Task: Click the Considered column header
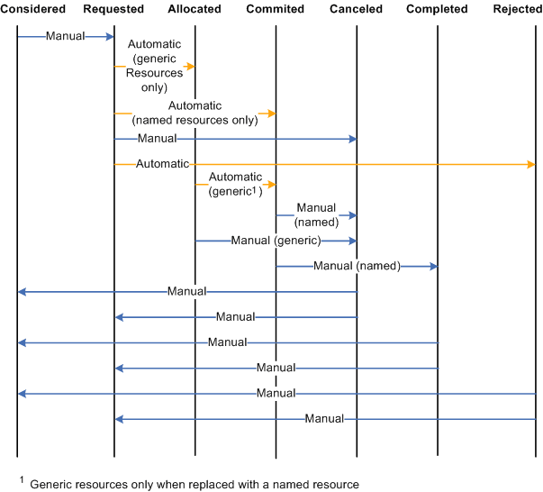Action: pos(33,9)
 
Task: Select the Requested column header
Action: pos(113,9)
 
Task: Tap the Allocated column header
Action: pos(195,9)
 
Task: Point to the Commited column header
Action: pos(275,9)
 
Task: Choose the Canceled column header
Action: pos(356,9)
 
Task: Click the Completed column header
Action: pos(437,9)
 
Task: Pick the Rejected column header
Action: pos(517,9)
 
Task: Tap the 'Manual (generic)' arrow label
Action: pos(276,241)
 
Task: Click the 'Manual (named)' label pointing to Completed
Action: pos(357,266)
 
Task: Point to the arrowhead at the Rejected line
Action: pos(531,164)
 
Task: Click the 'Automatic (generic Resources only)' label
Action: pos(155,66)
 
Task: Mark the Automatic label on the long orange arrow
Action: pos(162,164)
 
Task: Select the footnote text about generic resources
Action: pos(195,484)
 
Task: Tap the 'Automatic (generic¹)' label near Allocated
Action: pos(235,184)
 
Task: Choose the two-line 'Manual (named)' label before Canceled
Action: pos(316,214)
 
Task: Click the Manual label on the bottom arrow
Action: pos(324,419)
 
